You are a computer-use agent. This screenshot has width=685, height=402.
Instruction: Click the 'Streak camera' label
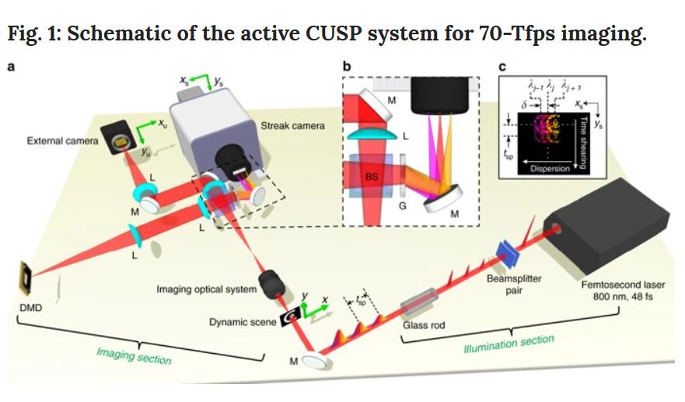(x=292, y=125)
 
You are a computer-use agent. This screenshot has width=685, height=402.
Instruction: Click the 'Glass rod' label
(x=424, y=325)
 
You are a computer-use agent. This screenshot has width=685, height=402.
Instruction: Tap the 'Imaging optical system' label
(x=206, y=289)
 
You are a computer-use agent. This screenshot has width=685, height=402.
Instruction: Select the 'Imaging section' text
(x=134, y=356)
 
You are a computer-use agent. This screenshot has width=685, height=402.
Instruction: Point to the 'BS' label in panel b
(x=372, y=177)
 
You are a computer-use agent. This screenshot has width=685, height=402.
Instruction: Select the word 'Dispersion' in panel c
(x=550, y=168)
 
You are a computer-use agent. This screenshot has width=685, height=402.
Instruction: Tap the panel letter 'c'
(x=503, y=67)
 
